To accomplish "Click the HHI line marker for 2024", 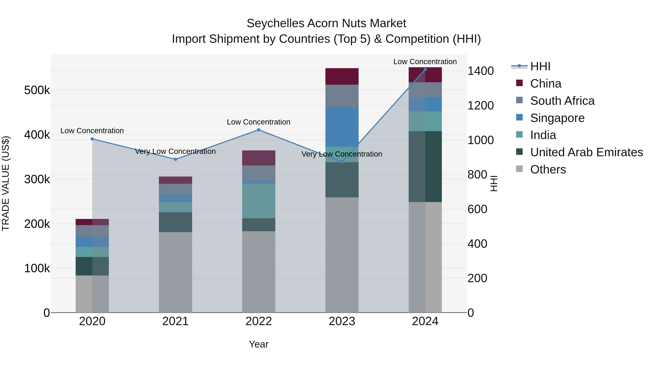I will [x=425, y=69].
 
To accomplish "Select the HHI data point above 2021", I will [x=175, y=159].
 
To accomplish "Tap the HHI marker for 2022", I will [x=258, y=130].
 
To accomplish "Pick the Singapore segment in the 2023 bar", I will [x=342, y=127].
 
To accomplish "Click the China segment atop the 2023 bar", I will [x=342, y=76].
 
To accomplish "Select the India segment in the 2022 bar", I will [x=258, y=201].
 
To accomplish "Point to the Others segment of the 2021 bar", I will [x=175, y=272].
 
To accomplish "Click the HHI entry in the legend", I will [x=540, y=66].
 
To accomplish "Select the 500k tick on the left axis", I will [x=37, y=90].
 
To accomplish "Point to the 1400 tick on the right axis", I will [x=480, y=71].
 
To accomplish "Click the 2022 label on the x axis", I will [x=258, y=321].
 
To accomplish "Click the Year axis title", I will [x=258, y=344].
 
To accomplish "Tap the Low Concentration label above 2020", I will [x=92, y=131].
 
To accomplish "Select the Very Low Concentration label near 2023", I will [x=342, y=154].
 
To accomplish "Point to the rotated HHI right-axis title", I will [x=494, y=183].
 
